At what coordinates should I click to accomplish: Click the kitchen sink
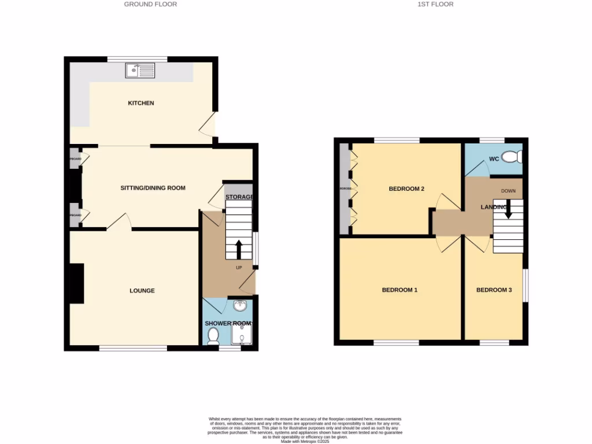click(140, 71)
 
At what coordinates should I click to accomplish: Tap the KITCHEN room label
click(141, 103)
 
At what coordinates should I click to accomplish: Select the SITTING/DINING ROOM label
click(153, 188)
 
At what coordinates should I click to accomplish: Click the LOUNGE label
click(142, 291)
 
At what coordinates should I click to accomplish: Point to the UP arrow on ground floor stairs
click(238, 250)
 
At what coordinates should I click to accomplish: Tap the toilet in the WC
click(512, 157)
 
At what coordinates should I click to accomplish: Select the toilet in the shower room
click(212, 335)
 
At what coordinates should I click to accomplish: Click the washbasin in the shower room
click(240, 306)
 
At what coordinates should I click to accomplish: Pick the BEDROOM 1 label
click(399, 290)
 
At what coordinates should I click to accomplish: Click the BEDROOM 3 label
click(494, 290)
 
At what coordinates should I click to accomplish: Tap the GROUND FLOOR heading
click(150, 4)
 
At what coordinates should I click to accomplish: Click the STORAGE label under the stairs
click(239, 197)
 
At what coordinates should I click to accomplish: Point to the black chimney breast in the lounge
click(76, 283)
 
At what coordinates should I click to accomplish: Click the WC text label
click(494, 158)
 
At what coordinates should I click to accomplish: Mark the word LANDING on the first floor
click(494, 207)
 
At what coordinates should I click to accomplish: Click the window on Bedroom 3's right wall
click(526, 284)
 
